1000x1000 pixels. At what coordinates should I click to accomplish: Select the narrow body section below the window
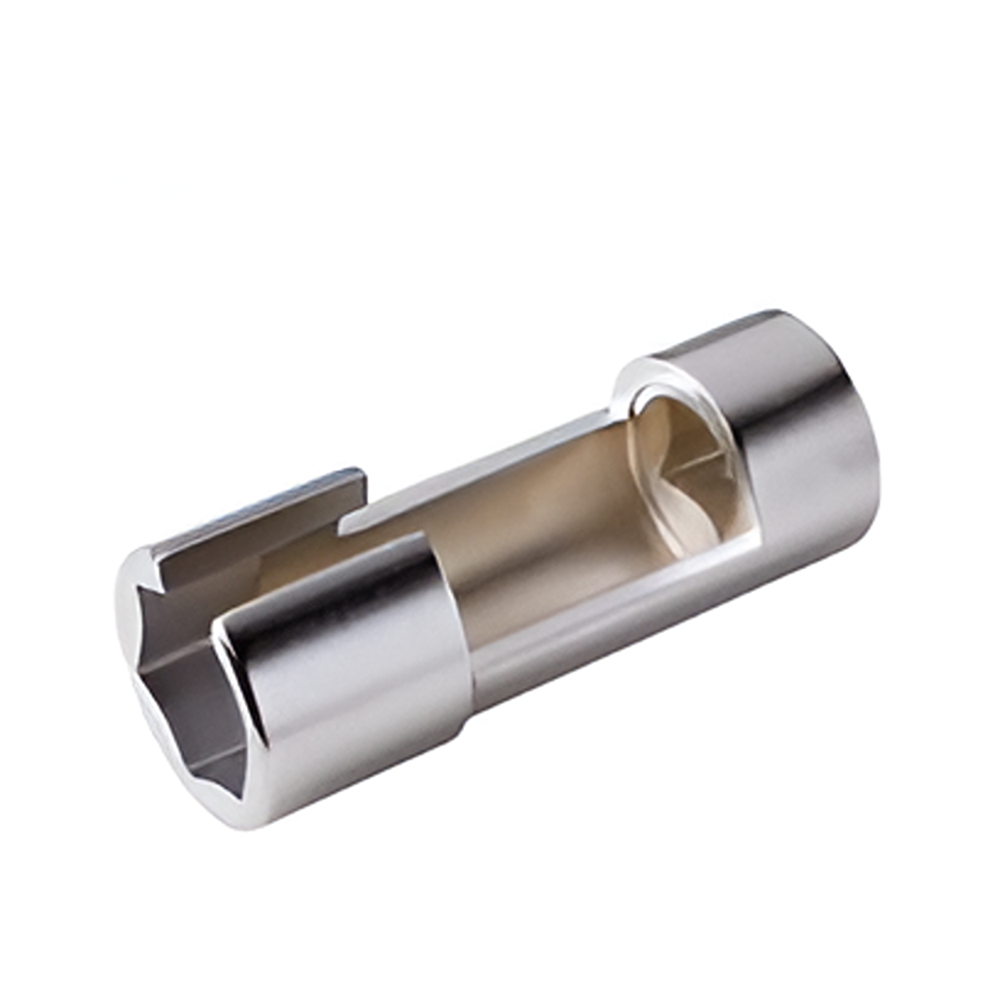pos(567,640)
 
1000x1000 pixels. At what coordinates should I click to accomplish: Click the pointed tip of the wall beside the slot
pos(343,530)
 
